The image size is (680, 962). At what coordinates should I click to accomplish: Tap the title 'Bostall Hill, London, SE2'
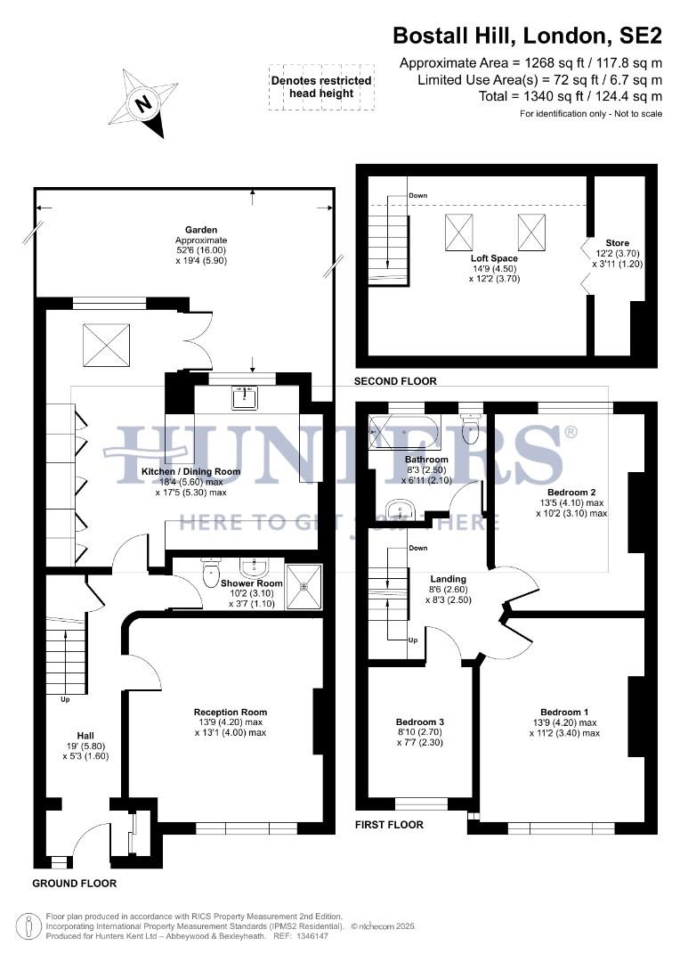527,36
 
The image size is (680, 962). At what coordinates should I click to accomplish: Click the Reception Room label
231,712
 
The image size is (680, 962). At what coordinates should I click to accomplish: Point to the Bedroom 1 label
563,712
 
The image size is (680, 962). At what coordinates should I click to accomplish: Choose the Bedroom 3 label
419,721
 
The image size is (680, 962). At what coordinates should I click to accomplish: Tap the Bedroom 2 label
571,493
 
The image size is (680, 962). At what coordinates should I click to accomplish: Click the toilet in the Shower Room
211,570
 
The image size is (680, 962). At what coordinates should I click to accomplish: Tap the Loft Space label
495,258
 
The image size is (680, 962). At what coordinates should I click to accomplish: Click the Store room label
617,243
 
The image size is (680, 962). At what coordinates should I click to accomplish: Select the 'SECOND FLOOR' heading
395,381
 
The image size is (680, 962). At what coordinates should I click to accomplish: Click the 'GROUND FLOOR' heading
74,884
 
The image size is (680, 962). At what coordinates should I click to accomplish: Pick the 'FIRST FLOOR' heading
389,825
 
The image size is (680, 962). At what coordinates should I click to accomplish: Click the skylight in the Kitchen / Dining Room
108,342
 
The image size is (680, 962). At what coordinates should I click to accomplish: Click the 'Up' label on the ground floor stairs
64,699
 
